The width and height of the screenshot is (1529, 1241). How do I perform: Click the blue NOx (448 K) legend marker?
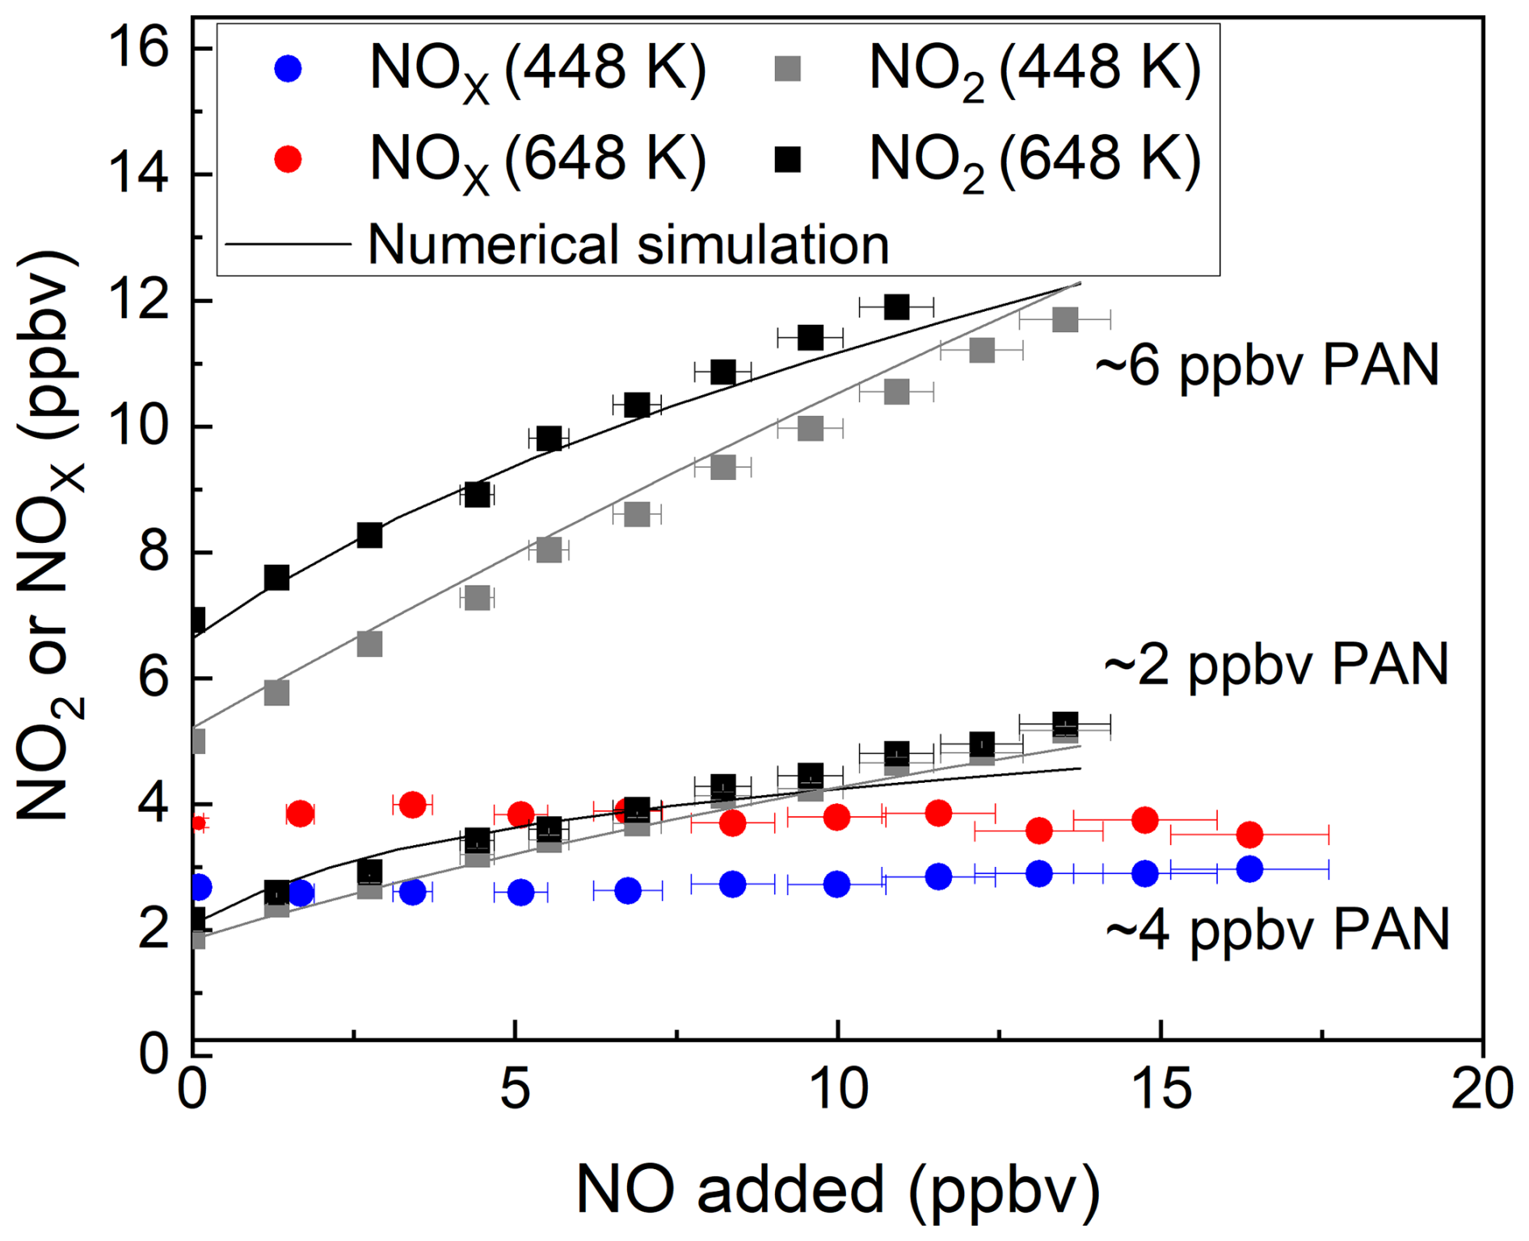tap(288, 69)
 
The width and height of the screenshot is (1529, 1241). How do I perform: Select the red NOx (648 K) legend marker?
tap(288, 159)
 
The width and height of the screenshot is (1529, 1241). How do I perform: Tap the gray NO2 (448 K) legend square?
tap(787, 69)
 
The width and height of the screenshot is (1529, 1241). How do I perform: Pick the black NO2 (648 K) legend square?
tap(787, 159)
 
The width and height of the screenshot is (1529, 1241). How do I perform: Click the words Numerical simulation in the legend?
tap(628, 244)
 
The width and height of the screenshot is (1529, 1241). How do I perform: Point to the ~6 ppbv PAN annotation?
tap(1266, 365)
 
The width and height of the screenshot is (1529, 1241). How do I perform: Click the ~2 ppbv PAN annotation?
tap(1276, 665)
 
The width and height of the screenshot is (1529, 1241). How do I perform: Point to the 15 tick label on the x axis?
tap(1160, 1089)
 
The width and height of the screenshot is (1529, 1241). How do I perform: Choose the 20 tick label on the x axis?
tap(1481, 1089)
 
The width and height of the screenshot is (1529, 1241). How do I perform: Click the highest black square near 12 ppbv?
tap(895, 307)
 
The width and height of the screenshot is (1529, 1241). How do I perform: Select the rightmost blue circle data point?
tap(1249, 869)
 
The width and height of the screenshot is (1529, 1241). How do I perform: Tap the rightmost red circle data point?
tap(1249, 835)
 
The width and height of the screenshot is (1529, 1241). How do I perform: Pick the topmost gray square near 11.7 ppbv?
tap(1065, 320)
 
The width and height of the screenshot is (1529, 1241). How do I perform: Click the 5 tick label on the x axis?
tap(515, 1089)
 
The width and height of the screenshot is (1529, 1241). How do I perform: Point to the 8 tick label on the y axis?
tap(154, 553)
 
